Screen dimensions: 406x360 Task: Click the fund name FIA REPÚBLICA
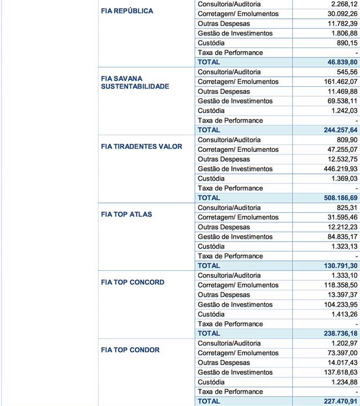(x=127, y=11)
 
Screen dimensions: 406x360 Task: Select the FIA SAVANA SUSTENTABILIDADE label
(x=135, y=82)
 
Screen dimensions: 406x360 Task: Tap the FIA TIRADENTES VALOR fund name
(x=142, y=146)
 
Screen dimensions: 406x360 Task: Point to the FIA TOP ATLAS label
(x=126, y=214)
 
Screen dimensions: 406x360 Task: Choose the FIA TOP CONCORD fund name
(x=133, y=282)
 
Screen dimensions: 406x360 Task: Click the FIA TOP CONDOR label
(x=130, y=350)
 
